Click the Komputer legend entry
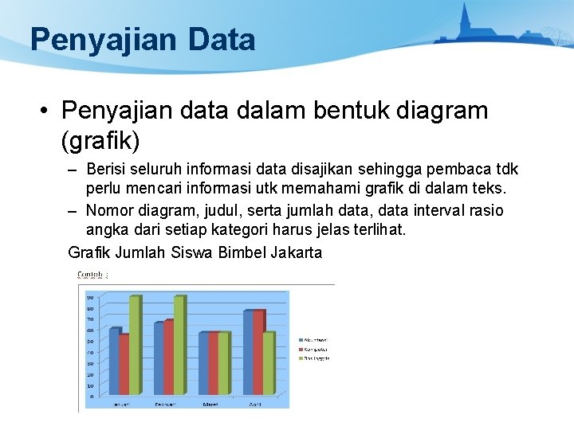(313, 349)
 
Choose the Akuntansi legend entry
(313, 340)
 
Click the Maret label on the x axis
(210, 405)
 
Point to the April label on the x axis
(255, 405)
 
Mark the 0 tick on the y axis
(92, 396)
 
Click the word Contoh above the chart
(90, 275)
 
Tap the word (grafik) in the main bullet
(100, 141)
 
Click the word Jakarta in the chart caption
(297, 253)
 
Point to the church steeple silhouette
(465, 20)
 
